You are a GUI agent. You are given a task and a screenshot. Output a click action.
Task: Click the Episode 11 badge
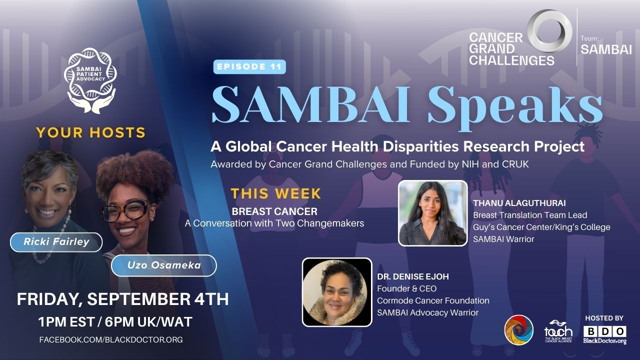(x=249, y=67)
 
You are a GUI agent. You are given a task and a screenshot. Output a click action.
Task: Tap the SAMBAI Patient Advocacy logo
(x=90, y=80)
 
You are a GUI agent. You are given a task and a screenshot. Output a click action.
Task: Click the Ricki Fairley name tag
(x=56, y=242)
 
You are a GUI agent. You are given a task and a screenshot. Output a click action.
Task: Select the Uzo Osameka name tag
(x=164, y=265)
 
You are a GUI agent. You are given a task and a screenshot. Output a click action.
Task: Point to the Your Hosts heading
(x=91, y=132)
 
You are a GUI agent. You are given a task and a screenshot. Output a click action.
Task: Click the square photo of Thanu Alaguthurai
(x=432, y=213)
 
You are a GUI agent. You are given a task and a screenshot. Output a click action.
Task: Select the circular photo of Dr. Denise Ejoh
(x=337, y=292)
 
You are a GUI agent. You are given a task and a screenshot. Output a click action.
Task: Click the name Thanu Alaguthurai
(x=519, y=203)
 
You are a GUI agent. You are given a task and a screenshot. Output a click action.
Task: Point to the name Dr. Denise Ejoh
(x=413, y=276)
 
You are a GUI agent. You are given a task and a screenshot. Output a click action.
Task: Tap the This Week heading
(x=276, y=193)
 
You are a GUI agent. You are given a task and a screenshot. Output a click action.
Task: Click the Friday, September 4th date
(x=123, y=299)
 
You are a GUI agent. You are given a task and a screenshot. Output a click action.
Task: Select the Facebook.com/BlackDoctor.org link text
(x=111, y=339)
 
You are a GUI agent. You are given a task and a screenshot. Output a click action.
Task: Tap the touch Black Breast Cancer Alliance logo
(x=558, y=331)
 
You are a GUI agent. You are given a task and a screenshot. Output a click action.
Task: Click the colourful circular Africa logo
(x=518, y=330)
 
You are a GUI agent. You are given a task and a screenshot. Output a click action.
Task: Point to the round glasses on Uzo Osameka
(x=125, y=211)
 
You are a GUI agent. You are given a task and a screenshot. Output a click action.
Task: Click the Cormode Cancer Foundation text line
(x=433, y=300)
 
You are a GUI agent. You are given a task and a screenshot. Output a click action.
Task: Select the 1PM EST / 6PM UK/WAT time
(x=115, y=322)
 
